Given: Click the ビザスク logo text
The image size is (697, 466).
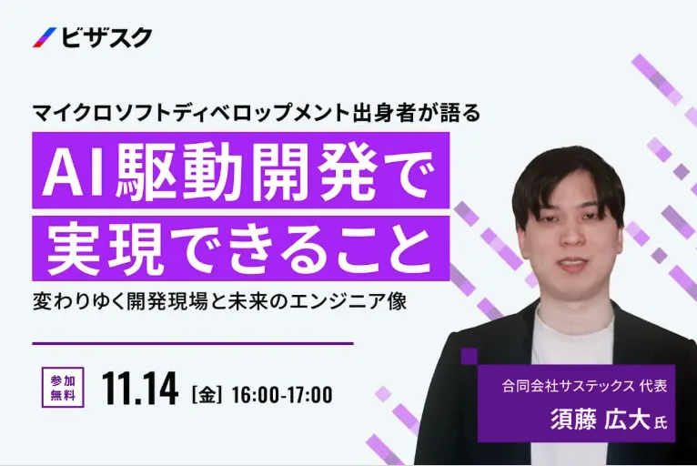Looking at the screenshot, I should (x=106, y=38).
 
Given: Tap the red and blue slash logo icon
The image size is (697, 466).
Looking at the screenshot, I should (x=44, y=38).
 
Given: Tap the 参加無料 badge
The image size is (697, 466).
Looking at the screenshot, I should (x=63, y=387).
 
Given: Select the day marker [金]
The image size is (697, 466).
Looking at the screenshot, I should (x=207, y=394).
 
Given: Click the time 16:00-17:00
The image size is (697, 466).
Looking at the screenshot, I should (x=282, y=394).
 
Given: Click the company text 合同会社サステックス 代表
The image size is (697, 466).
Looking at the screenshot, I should (x=584, y=386).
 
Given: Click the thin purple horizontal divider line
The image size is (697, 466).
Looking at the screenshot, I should (x=192, y=344).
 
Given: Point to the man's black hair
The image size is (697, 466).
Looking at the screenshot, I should (x=566, y=173).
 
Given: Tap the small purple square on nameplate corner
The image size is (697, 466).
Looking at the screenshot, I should (x=469, y=356).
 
